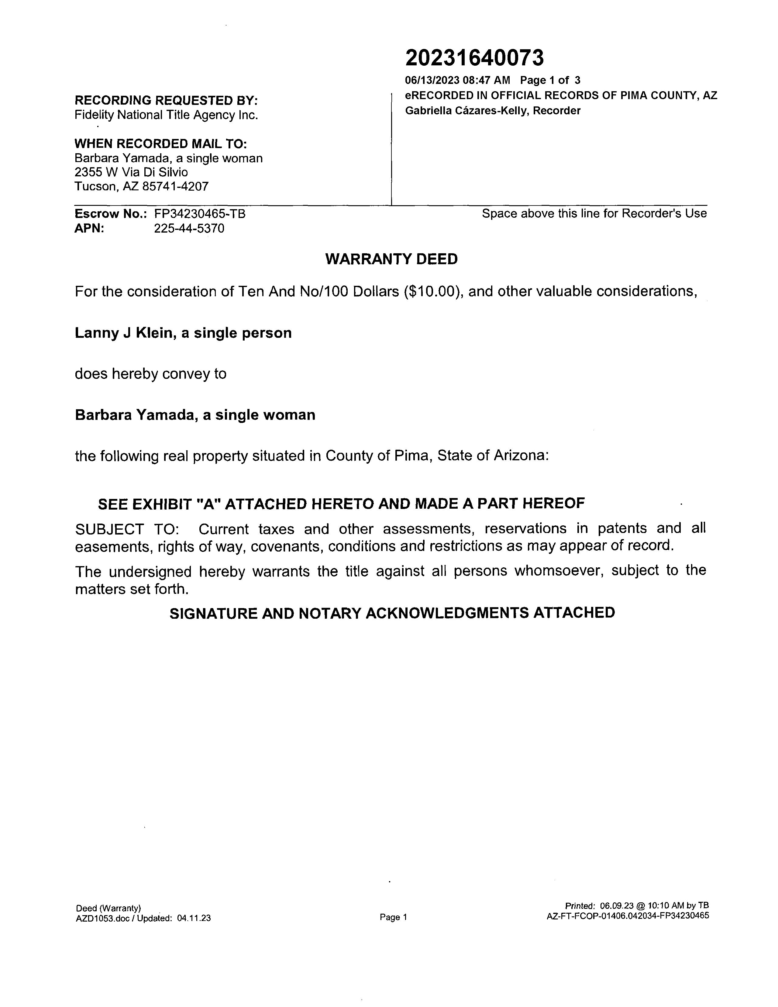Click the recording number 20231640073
click(474, 58)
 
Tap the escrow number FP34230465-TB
click(200, 214)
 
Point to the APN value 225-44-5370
click(189, 229)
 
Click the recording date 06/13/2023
click(432, 80)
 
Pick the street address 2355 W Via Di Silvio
click(131, 172)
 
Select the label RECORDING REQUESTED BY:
click(166, 101)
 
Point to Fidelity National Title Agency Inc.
click(166, 115)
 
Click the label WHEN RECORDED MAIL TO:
click(161, 144)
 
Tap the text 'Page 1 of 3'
click(550, 80)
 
